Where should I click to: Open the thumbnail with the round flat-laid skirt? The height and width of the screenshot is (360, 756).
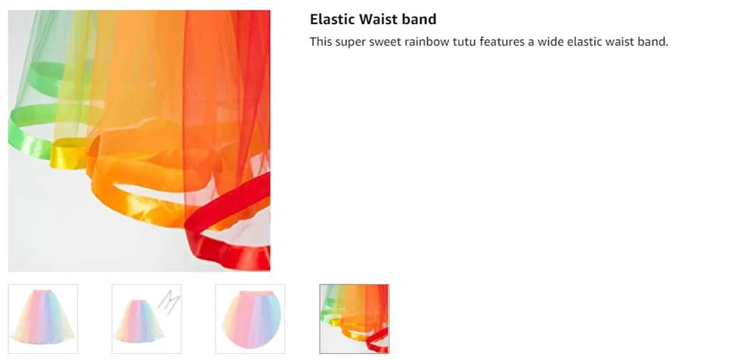(x=250, y=319)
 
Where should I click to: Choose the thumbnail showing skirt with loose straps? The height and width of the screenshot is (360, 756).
(x=147, y=319)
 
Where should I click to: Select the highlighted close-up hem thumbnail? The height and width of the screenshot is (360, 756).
(x=354, y=319)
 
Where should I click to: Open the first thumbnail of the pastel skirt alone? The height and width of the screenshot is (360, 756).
(x=43, y=319)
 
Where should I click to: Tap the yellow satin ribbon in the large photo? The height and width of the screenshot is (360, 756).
(x=69, y=154)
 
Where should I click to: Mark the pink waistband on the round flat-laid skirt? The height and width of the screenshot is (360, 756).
(x=250, y=293)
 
